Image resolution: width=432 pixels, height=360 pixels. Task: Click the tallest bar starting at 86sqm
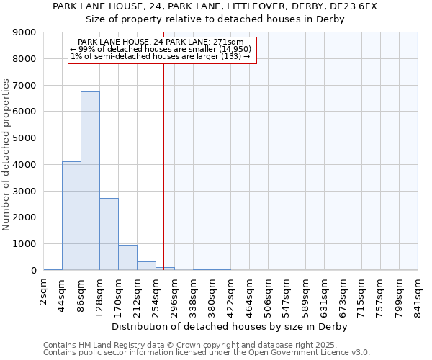pos(90,181)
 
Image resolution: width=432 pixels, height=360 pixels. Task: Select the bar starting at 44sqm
pos(71,216)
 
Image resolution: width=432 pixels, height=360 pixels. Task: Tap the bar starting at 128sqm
pos(109,234)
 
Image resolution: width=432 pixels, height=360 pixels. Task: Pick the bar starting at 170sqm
pos(127,257)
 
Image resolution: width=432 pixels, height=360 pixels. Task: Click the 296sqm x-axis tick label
pos(175,296)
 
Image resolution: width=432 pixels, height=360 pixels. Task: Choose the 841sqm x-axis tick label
pos(418,296)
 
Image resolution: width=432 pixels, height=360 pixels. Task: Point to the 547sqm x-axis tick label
pos(287,296)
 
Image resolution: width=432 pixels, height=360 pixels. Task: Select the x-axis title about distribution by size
pos(230,326)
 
